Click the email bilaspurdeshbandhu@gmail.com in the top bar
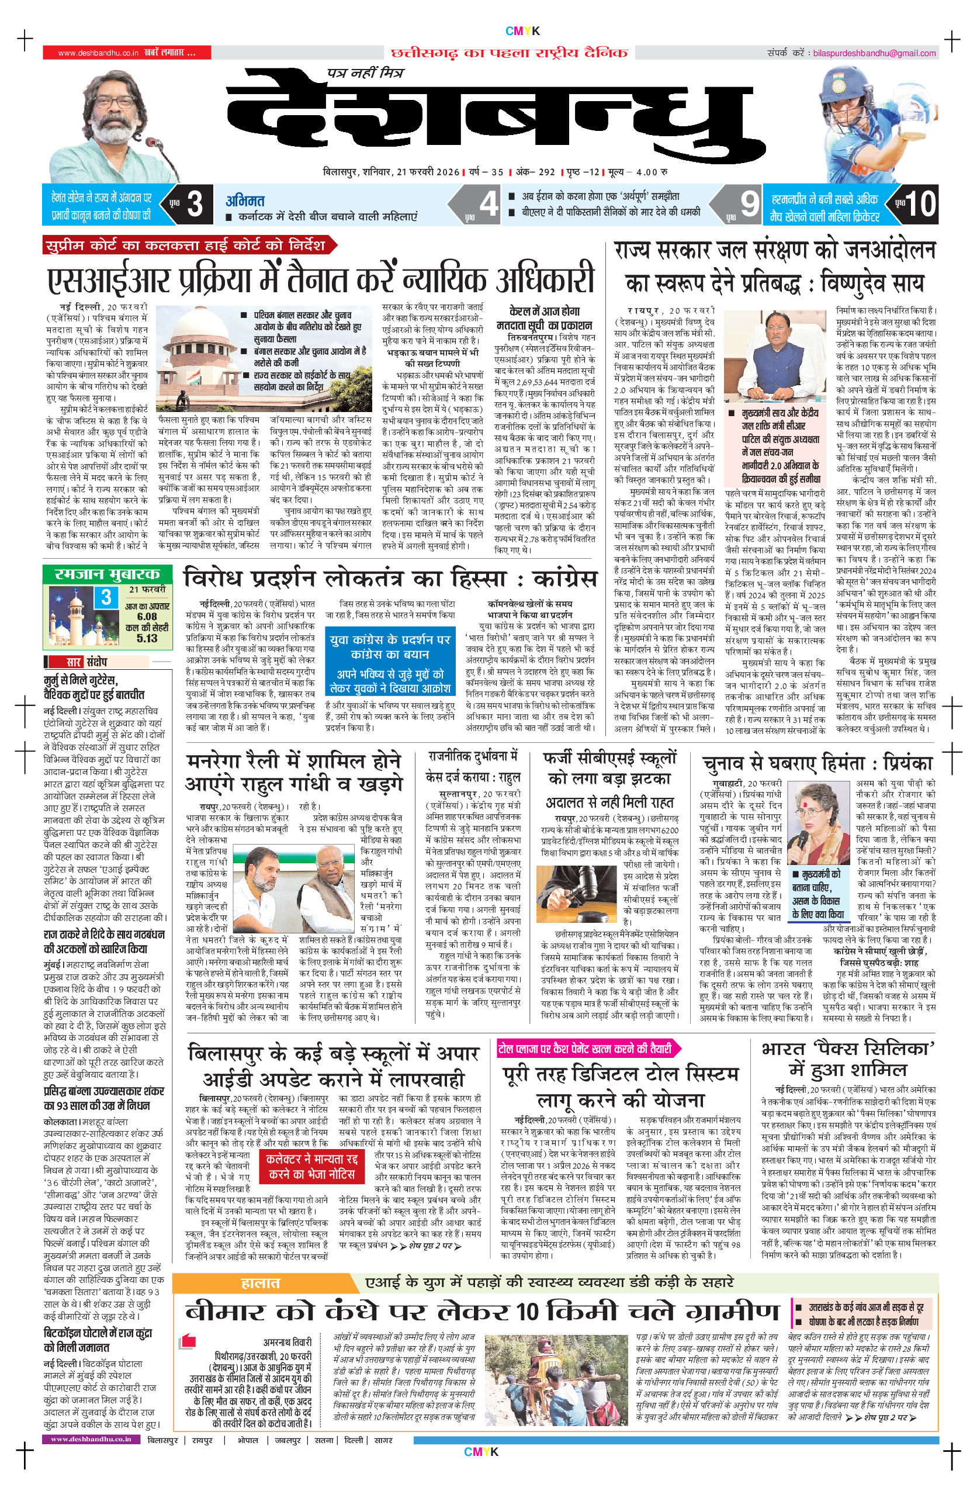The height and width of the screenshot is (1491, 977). (x=874, y=53)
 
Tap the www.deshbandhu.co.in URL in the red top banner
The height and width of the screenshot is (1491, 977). (x=98, y=53)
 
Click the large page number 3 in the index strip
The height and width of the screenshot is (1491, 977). (x=194, y=204)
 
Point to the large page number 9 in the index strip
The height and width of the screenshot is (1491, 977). (x=749, y=204)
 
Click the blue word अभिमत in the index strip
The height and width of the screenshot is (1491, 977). (x=245, y=201)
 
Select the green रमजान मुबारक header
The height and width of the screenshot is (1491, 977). (x=107, y=574)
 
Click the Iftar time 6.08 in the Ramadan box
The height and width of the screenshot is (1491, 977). (x=147, y=617)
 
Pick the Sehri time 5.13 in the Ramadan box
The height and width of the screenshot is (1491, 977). (x=147, y=638)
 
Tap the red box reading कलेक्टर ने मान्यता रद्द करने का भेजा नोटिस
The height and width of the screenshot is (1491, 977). (x=311, y=1167)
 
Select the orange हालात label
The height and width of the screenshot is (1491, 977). (x=260, y=1282)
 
